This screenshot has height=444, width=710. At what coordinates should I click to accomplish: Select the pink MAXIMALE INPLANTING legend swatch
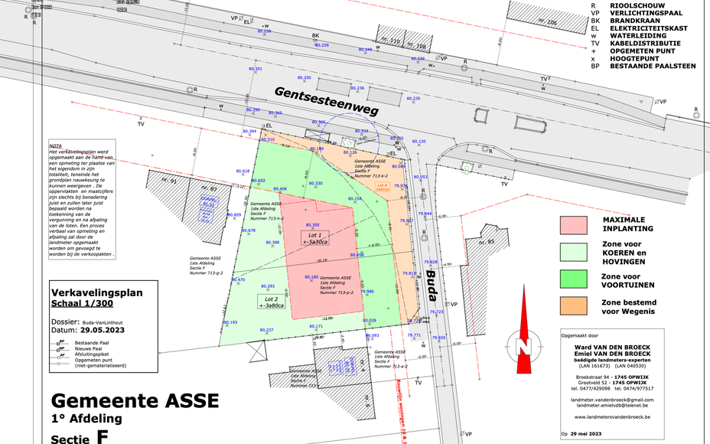573,224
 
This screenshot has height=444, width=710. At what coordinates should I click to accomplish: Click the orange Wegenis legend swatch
573,306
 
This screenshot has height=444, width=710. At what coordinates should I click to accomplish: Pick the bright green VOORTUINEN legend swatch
573,279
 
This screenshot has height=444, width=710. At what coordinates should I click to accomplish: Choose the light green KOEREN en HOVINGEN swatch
573,252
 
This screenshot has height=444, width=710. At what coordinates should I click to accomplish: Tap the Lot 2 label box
271,302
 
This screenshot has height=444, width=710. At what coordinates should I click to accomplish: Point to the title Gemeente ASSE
135,400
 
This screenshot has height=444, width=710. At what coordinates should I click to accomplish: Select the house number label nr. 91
169,181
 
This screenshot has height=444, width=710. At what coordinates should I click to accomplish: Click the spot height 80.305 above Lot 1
311,224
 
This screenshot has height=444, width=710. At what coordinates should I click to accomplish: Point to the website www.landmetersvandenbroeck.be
611,417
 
